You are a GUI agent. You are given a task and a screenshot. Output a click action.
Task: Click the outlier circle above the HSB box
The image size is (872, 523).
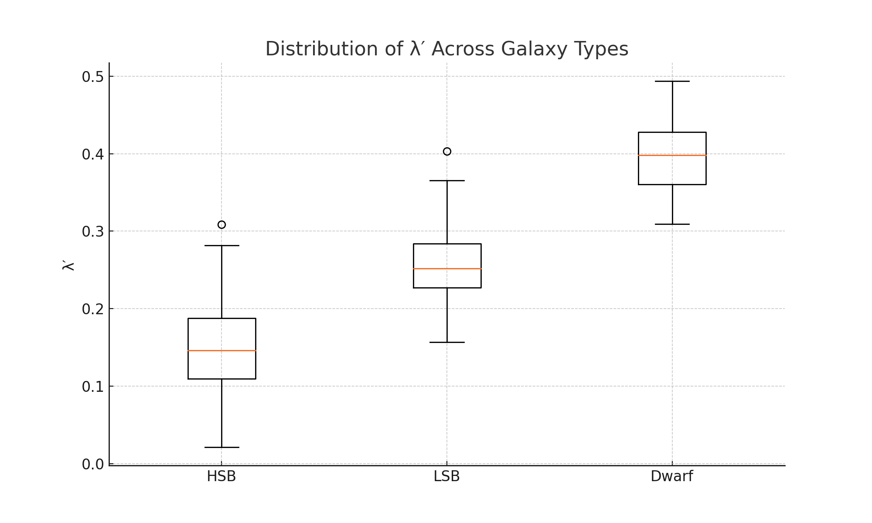coord(221,225)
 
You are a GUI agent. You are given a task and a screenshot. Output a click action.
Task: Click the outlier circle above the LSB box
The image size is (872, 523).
coord(447,152)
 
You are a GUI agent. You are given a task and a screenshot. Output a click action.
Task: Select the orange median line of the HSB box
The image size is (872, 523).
coord(221,350)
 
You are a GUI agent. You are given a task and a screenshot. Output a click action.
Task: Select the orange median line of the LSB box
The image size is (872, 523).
coord(447,268)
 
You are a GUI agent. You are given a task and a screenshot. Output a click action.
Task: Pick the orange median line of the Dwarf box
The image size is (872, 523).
coord(672,155)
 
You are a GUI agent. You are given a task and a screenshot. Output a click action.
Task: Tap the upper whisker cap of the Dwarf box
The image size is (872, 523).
coord(672,82)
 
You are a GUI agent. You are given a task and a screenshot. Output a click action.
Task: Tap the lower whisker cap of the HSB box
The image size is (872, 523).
coord(221,447)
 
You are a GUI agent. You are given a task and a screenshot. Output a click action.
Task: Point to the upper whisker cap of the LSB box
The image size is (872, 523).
coord(447,180)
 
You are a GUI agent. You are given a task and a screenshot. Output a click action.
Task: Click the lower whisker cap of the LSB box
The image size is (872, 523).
coord(447,342)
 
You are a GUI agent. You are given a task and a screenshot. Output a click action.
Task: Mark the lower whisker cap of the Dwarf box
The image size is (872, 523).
coord(672,224)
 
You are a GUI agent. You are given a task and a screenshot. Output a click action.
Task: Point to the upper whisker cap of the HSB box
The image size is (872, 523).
coord(221,245)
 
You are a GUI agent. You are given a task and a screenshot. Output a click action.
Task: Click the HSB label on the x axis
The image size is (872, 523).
coord(221,477)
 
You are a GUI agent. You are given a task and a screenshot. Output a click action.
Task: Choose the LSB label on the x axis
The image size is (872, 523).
coord(446,477)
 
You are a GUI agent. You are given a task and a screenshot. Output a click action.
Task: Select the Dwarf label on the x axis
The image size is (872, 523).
coord(671,477)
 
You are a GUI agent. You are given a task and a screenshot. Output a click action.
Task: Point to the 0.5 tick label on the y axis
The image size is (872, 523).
coord(93,77)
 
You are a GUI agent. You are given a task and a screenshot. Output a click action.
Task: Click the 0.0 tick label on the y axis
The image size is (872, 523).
coord(93,465)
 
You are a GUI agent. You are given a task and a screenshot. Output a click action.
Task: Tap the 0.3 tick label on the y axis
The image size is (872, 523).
coord(93,232)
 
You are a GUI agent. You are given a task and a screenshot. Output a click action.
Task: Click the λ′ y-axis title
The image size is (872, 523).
coord(69,265)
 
